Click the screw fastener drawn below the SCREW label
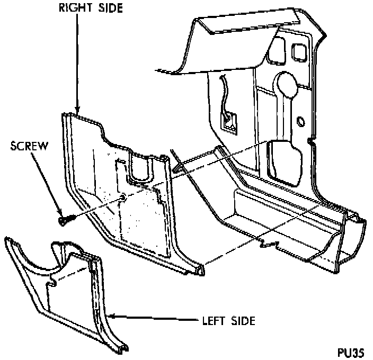pos(64,218)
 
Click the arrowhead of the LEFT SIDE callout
pos(110,316)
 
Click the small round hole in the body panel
pos(301,122)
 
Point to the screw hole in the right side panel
pos(123,197)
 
